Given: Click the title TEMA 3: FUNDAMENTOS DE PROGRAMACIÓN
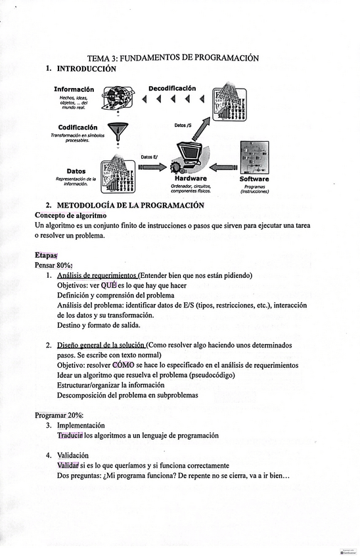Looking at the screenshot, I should click(173, 58).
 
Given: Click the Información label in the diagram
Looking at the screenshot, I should click(74, 89).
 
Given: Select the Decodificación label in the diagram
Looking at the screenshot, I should click(172, 88).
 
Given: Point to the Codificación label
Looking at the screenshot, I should click(78, 127).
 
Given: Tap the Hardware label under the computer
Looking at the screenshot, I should click(191, 179).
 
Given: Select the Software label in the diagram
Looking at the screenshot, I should click(254, 179).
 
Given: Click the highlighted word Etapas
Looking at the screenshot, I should click(46, 255).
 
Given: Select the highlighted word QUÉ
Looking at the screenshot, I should click(108, 286).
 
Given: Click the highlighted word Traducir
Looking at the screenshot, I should click(70, 435).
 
